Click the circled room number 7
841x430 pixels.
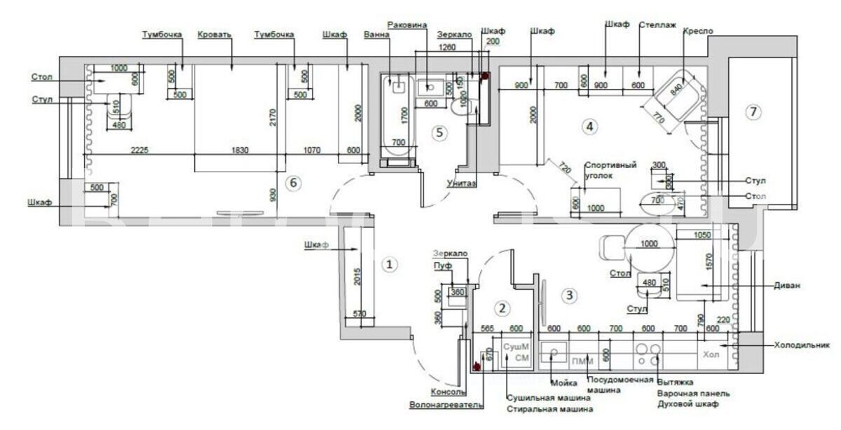click(753, 111)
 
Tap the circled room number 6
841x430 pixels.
click(294, 183)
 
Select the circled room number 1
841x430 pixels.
click(389, 265)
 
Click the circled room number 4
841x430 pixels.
click(589, 127)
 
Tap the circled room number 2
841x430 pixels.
click(501, 307)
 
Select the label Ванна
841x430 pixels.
click(377, 34)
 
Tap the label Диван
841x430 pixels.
click(787, 286)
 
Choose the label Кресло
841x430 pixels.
click(699, 32)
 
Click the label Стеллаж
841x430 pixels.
click(657, 25)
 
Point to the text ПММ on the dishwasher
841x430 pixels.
click(582, 361)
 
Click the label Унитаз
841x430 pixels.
click(461, 183)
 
